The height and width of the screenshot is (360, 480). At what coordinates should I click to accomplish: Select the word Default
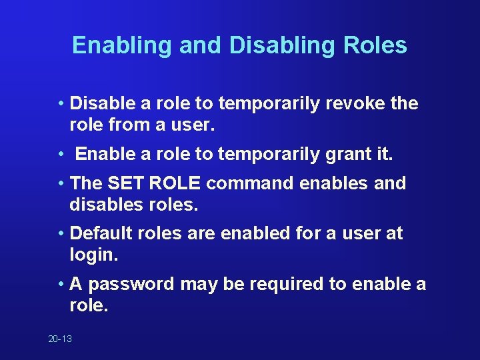pyautogui.click(x=102, y=233)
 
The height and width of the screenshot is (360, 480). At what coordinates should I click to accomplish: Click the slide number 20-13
pyautogui.click(x=60, y=339)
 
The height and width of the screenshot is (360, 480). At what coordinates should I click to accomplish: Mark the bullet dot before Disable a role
pyautogui.click(x=61, y=104)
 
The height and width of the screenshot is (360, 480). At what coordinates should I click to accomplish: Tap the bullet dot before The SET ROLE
pyautogui.click(x=61, y=183)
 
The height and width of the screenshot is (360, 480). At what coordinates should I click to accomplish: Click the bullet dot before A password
pyautogui.click(x=61, y=285)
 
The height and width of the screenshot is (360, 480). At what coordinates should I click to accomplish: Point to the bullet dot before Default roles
pyautogui.click(x=61, y=234)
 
